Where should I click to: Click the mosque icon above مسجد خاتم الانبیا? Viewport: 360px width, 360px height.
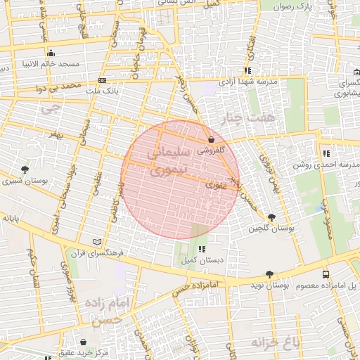(x=51, y=53)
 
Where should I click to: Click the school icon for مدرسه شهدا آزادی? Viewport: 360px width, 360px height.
(x=247, y=70)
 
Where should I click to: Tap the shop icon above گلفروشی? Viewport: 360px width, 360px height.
(x=211, y=139)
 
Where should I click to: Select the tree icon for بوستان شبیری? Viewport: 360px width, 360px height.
(x=25, y=170)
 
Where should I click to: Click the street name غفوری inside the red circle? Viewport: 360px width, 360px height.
(x=215, y=185)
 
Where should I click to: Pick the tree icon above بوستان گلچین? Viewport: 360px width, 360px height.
(x=271, y=217)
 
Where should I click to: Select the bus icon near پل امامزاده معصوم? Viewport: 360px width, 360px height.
(x=325, y=274)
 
